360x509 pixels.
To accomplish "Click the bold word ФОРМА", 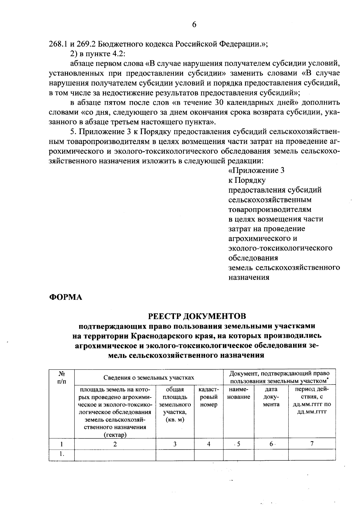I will coord(65,297).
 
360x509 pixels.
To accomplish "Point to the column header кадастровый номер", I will coord(208,397).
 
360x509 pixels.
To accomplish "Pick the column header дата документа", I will coord(271,397).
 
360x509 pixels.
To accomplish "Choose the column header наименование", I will coord(238,393).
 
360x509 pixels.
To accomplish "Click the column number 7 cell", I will coord(312,444).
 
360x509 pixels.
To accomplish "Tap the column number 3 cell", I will coord(175,444).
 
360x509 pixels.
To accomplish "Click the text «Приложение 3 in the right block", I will coord(256,171).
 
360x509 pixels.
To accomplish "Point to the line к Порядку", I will coord(247,180).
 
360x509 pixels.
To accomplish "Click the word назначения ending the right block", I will coord(249,277).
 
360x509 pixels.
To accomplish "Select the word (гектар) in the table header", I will coord(115,435).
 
